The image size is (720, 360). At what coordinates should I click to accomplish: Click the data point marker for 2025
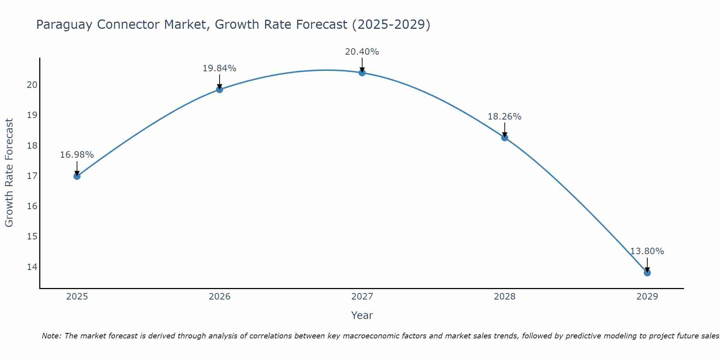pos(77,176)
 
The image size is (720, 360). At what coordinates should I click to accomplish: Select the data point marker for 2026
pos(220,89)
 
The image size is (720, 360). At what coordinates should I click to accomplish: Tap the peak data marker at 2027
pos(362,73)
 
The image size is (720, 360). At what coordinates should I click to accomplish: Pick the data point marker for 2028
pos(505,138)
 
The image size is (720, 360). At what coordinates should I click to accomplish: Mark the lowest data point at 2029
pos(647,273)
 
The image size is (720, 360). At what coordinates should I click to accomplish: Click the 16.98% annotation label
pos(77,155)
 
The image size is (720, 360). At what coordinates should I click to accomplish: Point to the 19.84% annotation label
pos(220,68)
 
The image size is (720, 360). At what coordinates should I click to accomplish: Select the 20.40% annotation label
pos(362,52)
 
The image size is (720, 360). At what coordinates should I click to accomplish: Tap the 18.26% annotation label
pos(505,117)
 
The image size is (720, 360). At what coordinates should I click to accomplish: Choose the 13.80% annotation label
pos(647,251)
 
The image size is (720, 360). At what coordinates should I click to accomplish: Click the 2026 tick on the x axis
pos(220,297)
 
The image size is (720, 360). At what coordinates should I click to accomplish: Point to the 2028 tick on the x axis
pos(505,297)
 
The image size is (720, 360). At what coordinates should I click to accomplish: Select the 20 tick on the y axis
pos(32,85)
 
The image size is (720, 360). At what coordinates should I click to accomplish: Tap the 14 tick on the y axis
pos(32,267)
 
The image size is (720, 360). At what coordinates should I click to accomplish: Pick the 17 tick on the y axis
pos(32,176)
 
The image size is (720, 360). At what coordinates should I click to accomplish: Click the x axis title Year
pos(362,315)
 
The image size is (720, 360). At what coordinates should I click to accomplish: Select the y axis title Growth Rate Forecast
pos(9,173)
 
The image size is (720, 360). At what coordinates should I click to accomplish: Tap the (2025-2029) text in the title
pos(391,25)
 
